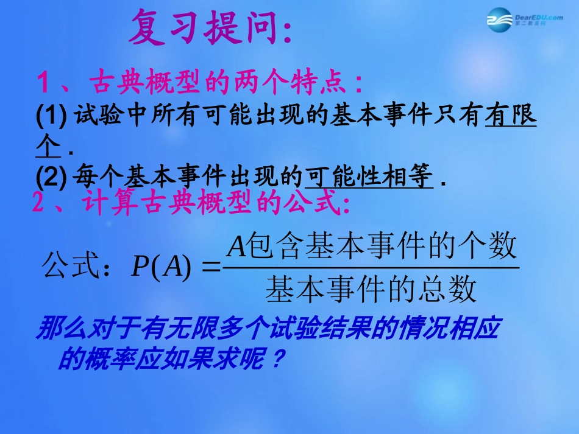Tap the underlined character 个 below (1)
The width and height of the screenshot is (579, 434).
click(49, 147)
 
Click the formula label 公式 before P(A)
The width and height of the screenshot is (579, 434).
click(67, 265)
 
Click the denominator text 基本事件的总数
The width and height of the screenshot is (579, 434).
click(371, 290)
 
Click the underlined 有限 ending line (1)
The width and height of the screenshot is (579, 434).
click(511, 116)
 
